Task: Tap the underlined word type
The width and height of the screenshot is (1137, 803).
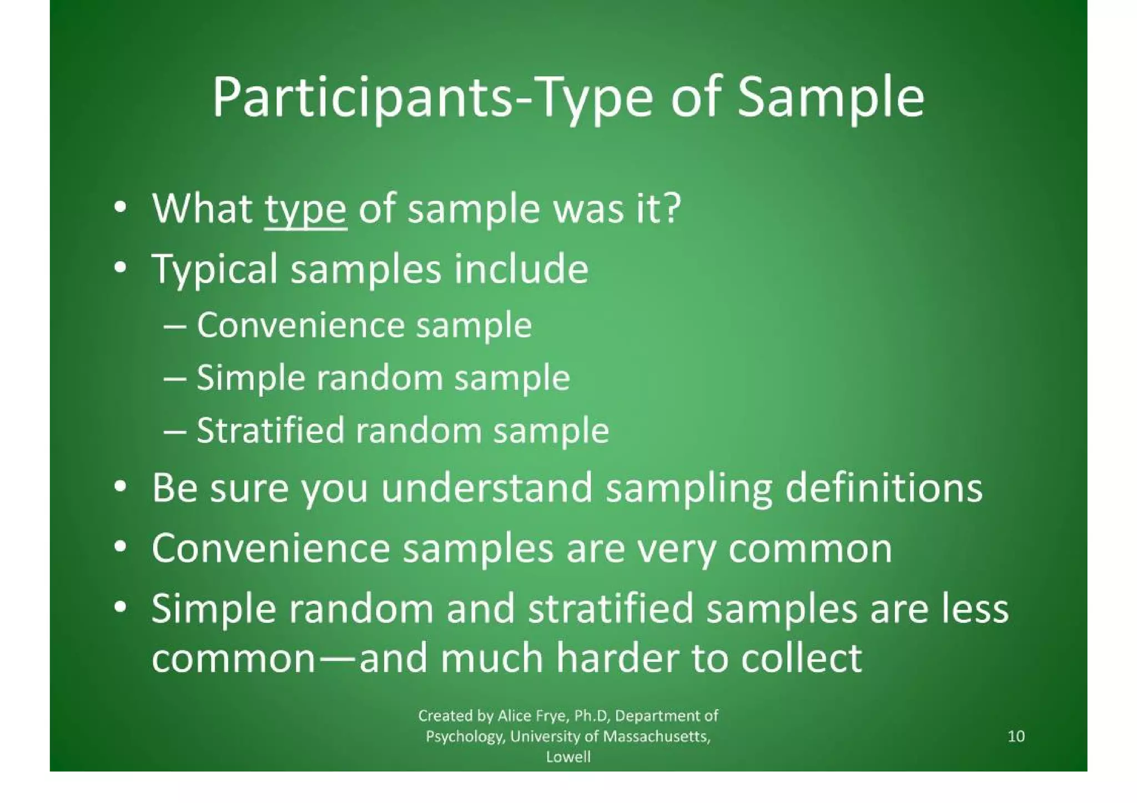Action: (305, 209)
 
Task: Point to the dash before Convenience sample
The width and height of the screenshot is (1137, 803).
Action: (175, 326)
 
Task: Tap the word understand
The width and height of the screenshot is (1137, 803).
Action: (486, 488)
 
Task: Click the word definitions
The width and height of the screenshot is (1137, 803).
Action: (884, 488)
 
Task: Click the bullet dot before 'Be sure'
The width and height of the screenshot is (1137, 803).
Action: (119, 488)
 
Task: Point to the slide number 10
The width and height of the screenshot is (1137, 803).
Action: (1015, 736)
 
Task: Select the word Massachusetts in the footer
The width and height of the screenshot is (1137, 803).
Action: (656, 736)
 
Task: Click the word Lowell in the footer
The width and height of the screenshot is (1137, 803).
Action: (568, 757)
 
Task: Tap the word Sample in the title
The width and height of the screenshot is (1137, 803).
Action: (831, 98)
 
